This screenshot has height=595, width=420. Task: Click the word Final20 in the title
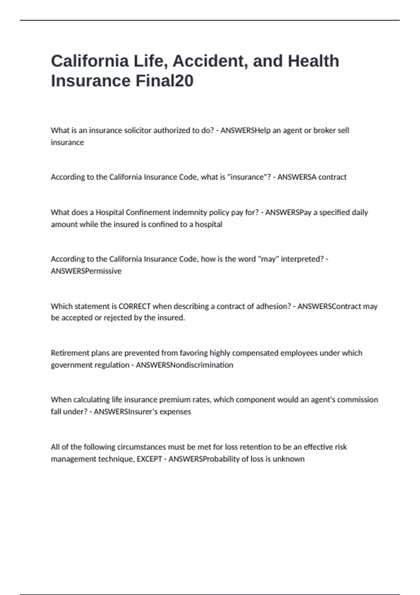click(x=164, y=81)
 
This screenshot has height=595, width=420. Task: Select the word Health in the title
click(x=313, y=61)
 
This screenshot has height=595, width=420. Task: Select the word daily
click(x=359, y=212)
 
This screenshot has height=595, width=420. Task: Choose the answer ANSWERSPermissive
click(x=86, y=271)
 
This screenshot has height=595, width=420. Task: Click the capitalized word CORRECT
click(x=134, y=306)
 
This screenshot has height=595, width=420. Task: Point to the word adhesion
click(x=273, y=306)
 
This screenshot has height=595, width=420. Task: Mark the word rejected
click(x=118, y=318)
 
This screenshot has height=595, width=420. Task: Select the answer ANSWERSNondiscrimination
click(x=184, y=365)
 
